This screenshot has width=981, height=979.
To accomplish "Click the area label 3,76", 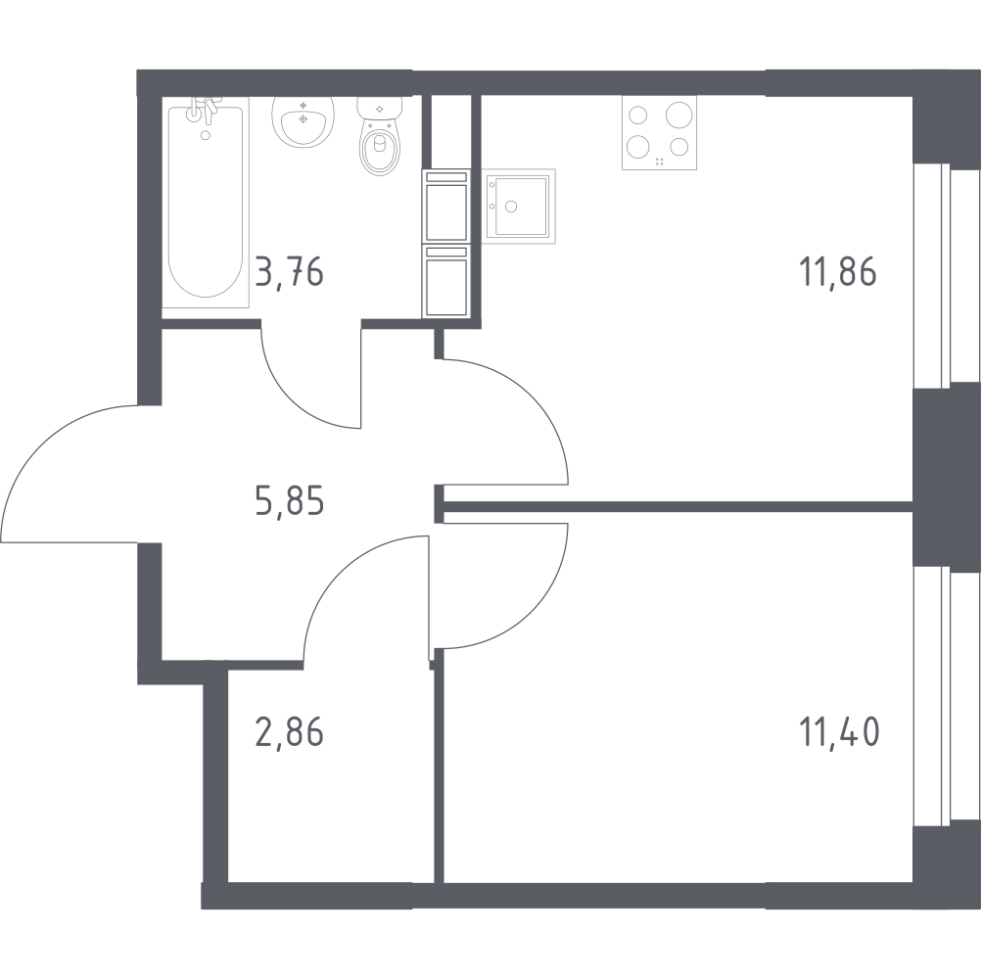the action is tap(289, 273).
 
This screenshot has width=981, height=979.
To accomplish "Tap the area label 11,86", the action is tap(838, 272).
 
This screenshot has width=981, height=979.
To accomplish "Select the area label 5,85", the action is tap(290, 501).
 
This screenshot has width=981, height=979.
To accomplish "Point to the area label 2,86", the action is tap(289, 732).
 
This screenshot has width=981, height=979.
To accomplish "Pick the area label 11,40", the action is tap(839, 732).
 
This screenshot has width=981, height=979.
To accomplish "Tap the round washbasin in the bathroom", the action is tap(303, 121).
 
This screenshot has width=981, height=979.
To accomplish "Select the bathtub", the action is tap(206, 202).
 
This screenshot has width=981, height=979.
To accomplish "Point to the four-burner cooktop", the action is tap(660, 132).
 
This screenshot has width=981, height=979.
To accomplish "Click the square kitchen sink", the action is tap(521, 206).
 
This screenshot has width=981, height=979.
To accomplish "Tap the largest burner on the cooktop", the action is tap(678, 116).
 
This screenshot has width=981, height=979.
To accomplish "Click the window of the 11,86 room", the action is tap(947, 276).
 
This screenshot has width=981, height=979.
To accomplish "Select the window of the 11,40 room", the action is tap(947, 697).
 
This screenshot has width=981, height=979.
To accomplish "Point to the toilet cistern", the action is tap(379, 108).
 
